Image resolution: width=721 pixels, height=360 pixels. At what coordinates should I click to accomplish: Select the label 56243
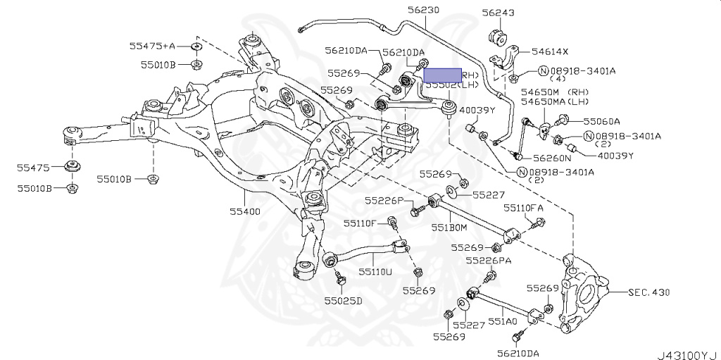[498, 13]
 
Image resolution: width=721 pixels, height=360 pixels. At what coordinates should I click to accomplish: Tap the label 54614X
[550, 51]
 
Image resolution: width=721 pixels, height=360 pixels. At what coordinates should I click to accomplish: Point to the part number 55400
[244, 211]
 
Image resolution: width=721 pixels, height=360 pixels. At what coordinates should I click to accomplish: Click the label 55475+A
[151, 46]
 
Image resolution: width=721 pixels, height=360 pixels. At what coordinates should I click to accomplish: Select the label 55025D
[343, 301]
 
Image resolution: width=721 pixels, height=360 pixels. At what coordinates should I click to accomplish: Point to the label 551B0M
[449, 228]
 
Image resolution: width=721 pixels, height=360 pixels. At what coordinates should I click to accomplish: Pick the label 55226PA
[489, 261]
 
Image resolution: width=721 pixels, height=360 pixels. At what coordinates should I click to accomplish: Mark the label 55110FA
[523, 209]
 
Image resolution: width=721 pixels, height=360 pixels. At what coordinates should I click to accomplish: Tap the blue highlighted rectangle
[442, 75]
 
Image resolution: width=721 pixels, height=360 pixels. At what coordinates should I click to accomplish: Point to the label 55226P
[384, 201]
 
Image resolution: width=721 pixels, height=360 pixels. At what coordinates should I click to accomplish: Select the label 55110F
[361, 223]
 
